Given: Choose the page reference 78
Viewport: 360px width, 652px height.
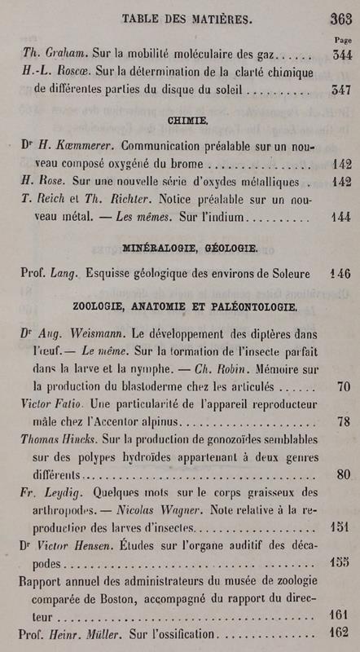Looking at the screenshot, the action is tap(343, 421).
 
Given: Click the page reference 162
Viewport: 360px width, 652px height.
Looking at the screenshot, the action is tap(339, 632).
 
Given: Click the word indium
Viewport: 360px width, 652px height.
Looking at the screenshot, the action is tap(224, 219).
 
